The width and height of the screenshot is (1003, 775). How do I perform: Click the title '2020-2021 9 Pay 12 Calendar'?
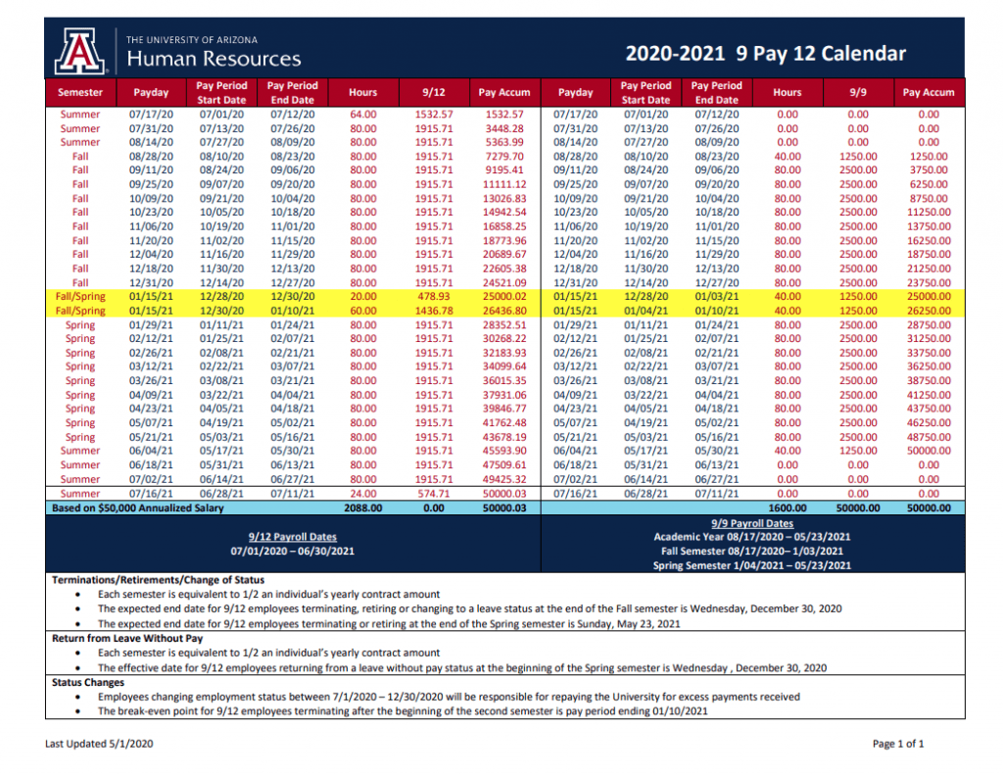coord(766,54)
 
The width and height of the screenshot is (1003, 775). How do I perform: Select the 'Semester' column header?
coord(80,92)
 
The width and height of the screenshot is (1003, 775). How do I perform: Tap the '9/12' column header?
coord(434,92)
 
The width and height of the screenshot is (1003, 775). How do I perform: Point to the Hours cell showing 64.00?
coord(362,115)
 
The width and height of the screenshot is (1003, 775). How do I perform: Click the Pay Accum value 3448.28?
coord(504,128)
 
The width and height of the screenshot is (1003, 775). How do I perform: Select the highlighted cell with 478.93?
coord(434,297)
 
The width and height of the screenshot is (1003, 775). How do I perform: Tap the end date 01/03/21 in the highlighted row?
coord(716,297)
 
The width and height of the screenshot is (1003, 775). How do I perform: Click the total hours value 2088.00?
coord(362,509)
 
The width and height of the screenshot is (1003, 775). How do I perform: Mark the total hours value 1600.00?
coord(787,509)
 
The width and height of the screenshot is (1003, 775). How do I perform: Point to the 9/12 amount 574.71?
coord(434,494)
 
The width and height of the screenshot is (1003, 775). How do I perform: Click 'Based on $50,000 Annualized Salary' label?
coord(138,509)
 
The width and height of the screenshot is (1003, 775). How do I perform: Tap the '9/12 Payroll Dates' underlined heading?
coord(293,536)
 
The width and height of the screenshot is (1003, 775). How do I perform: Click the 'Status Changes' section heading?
coord(87,682)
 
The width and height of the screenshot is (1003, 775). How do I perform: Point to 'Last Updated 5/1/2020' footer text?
coord(99,745)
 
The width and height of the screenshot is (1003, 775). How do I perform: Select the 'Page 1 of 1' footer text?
coord(898,745)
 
